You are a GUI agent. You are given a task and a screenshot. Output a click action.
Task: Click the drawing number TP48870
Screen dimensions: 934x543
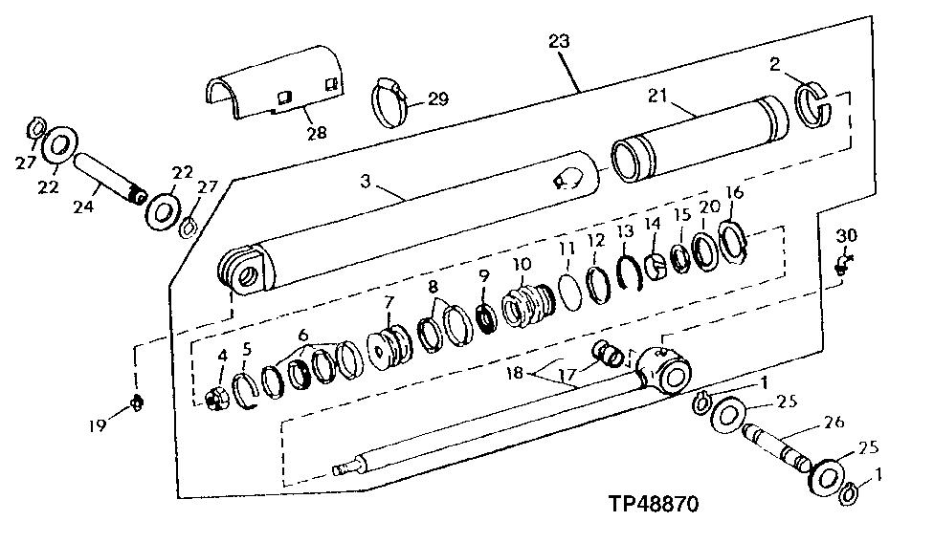click(x=654, y=505)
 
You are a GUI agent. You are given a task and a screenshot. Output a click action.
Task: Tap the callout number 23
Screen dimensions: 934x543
click(x=559, y=41)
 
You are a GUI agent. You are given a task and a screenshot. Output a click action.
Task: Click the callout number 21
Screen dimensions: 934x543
click(x=657, y=96)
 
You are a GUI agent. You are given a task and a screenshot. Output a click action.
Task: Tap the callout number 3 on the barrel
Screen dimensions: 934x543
click(x=366, y=181)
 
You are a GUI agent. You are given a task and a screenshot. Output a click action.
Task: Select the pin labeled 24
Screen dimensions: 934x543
click(x=109, y=177)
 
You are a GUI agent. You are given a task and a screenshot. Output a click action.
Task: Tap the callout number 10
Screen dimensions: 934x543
click(x=522, y=264)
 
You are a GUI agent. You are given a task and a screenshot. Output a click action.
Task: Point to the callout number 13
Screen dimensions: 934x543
click(x=625, y=231)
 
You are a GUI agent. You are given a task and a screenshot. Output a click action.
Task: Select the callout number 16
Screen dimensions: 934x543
click(x=735, y=193)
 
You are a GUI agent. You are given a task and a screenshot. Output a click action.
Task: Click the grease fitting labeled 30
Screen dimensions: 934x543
click(x=843, y=264)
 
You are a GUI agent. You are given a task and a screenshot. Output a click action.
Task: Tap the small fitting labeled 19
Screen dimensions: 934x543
click(x=138, y=403)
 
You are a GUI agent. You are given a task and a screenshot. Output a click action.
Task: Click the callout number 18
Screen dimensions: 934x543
click(x=514, y=374)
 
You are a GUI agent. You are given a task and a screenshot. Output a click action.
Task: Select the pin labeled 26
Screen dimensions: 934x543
click(x=777, y=449)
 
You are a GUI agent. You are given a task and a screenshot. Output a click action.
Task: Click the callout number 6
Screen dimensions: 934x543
click(x=303, y=334)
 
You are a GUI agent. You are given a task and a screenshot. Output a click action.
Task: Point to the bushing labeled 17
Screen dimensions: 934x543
click(x=610, y=355)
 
